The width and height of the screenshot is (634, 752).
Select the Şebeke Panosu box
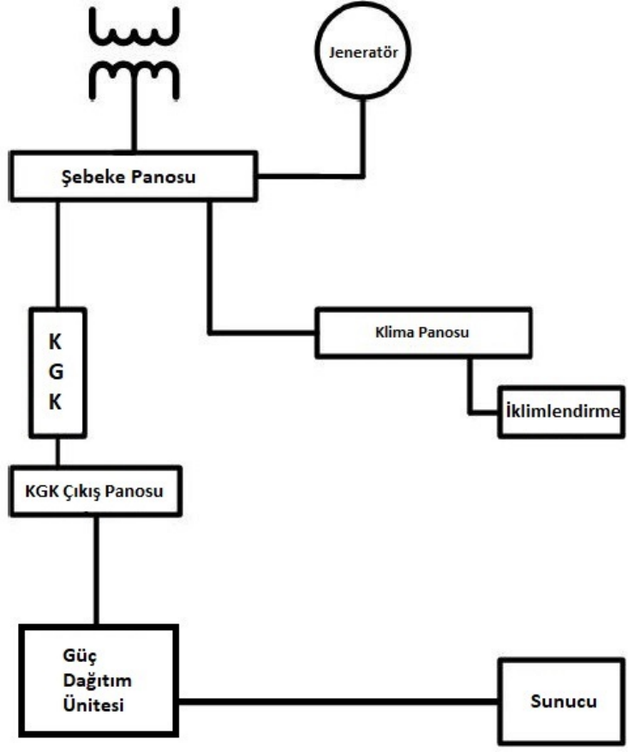(133, 177)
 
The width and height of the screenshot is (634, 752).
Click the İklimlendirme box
(560, 412)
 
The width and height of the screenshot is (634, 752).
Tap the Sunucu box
(560, 701)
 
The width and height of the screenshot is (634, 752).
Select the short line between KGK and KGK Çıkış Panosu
(57, 452)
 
